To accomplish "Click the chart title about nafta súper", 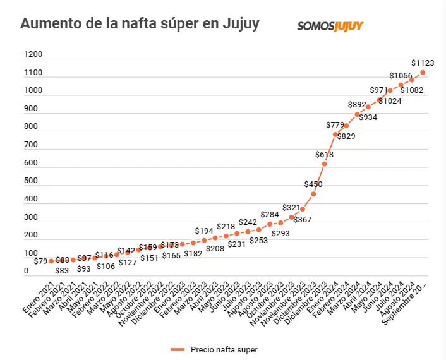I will (140, 24).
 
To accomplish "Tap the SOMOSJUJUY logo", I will (330, 26).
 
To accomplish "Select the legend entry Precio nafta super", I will (214, 349).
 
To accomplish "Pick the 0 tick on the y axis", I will (27, 272).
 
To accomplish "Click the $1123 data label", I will (423, 63).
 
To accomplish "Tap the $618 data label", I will (324, 154).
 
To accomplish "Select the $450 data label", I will (313, 184).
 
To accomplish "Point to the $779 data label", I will (335, 125).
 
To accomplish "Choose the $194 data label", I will (204, 231).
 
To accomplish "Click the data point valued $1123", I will (423, 73).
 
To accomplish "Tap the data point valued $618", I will (324, 164).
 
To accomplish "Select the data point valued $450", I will (313, 194).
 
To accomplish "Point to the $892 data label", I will (358, 105).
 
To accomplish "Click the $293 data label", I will (280, 233).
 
